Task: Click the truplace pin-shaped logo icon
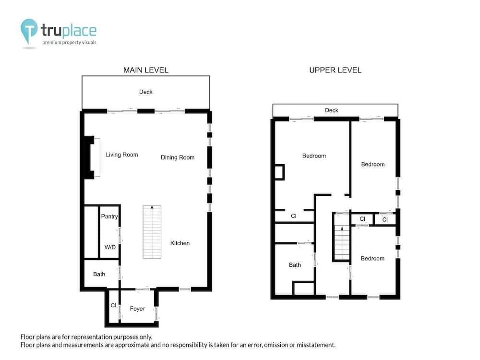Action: click(29, 31)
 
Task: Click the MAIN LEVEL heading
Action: click(146, 70)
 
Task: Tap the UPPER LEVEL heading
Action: click(335, 70)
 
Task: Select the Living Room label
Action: click(122, 155)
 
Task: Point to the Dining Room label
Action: click(178, 157)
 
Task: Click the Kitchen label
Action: click(180, 243)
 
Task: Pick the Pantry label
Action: click(109, 216)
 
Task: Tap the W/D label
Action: click(110, 247)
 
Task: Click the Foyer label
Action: click(137, 309)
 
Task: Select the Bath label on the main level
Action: click(99, 274)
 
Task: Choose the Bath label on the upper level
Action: click(295, 265)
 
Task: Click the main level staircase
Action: click(152, 232)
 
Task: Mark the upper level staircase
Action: click(342, 243)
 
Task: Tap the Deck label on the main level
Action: click(146, 92)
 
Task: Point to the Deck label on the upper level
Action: click(332, 110)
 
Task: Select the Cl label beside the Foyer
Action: click(114, 305)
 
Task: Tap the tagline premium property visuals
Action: click(69, 43)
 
